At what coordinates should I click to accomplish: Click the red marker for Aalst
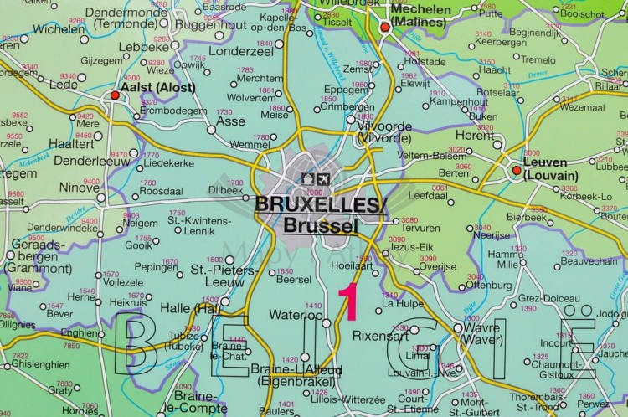115,96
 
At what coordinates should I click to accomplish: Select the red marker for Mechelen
384,27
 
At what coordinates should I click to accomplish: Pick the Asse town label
231,121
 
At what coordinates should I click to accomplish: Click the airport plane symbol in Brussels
323,179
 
